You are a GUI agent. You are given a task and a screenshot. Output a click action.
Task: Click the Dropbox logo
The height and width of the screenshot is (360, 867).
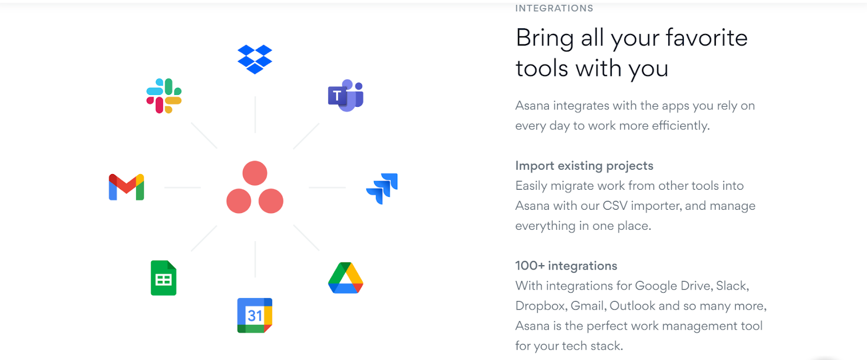click(255, 59)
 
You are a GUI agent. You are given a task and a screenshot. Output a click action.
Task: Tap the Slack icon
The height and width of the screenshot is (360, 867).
click(164, 96)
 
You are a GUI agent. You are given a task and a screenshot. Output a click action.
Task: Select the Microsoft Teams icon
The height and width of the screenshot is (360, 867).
click(346, 95)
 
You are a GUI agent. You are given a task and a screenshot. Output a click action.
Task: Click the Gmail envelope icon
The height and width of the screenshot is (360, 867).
click(126, 187)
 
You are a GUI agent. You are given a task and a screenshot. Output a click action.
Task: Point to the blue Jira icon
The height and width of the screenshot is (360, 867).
click(383, 188)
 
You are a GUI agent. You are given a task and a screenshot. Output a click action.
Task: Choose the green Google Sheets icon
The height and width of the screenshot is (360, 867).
click(164, 278)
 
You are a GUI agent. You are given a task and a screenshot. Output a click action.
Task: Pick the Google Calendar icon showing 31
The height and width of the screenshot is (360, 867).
click(255, 315)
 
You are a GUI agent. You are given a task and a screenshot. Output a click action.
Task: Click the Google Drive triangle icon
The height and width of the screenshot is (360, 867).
click(346, 278)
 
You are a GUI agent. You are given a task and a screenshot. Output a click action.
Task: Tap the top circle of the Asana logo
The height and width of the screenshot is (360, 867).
click(255, 173)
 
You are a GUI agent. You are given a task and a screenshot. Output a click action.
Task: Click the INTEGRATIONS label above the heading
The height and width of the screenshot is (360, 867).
click(554, 8)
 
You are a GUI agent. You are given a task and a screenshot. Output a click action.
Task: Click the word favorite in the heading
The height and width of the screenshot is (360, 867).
click(706, 38)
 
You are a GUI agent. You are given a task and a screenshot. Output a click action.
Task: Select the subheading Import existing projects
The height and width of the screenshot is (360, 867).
click(584, 165)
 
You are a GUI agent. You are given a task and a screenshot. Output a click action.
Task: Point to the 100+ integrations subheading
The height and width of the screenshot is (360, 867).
click(566, 266)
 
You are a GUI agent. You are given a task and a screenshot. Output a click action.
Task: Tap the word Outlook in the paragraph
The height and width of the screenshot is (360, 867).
click(632, 306)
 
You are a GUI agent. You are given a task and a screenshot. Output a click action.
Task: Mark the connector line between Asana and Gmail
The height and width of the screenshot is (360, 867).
click(183, 188)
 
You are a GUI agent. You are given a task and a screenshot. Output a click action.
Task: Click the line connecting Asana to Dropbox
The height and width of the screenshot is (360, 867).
click(255, 114)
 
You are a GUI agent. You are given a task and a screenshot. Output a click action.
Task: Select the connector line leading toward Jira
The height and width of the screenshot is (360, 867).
click(327, 188)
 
